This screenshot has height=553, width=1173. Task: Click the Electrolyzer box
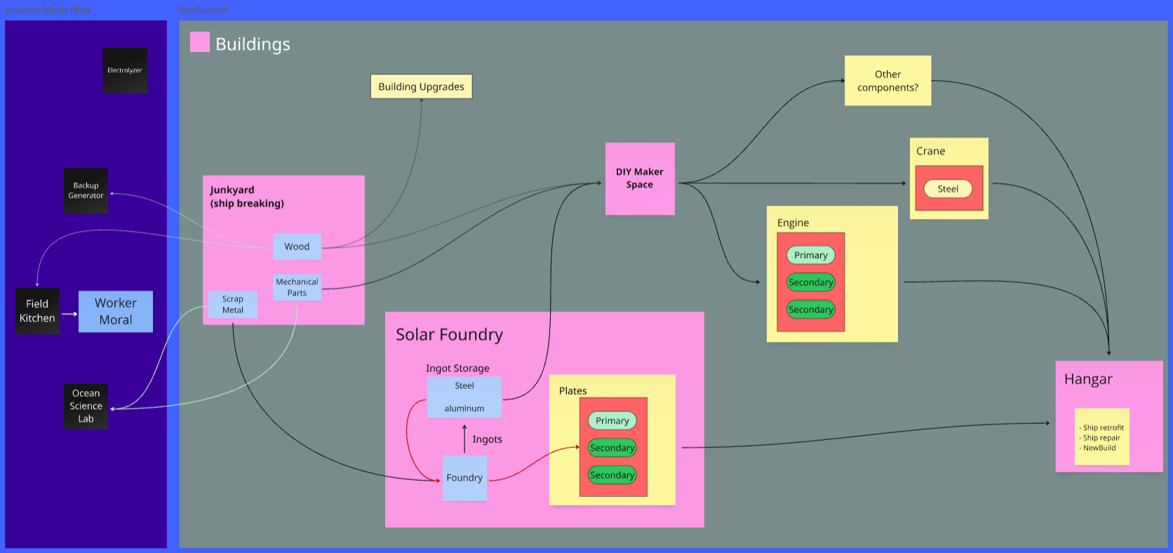click(125, 70)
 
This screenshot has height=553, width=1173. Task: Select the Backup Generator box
click(86, 190)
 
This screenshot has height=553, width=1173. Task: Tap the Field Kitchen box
click(37, 311)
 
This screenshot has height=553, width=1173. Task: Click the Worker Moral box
click(116, 312)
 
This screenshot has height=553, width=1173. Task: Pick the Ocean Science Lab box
click(86, 406)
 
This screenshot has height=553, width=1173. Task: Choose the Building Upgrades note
click(421, 86)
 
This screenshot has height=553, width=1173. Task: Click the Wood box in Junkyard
click(297, 246)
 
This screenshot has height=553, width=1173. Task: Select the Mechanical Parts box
click(297, 287)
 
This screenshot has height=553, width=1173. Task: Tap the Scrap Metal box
click(233, 305)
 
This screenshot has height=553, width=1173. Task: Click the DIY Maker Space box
click(640, 178)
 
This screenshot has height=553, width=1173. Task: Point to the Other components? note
click(887, 81)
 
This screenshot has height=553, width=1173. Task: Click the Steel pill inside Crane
click(948, 189)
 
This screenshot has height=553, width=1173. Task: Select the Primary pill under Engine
click(810, 255)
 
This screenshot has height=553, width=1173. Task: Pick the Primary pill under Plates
click(612, 421)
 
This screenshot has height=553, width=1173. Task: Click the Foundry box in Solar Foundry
click(464, 478)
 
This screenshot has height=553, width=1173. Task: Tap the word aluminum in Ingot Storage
click(464, 408)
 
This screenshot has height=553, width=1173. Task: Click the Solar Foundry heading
click(449, 335)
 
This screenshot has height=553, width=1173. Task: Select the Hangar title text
click(1088, 379)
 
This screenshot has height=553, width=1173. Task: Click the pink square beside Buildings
click(200, 42)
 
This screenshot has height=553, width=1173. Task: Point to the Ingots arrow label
click(487, 439)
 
